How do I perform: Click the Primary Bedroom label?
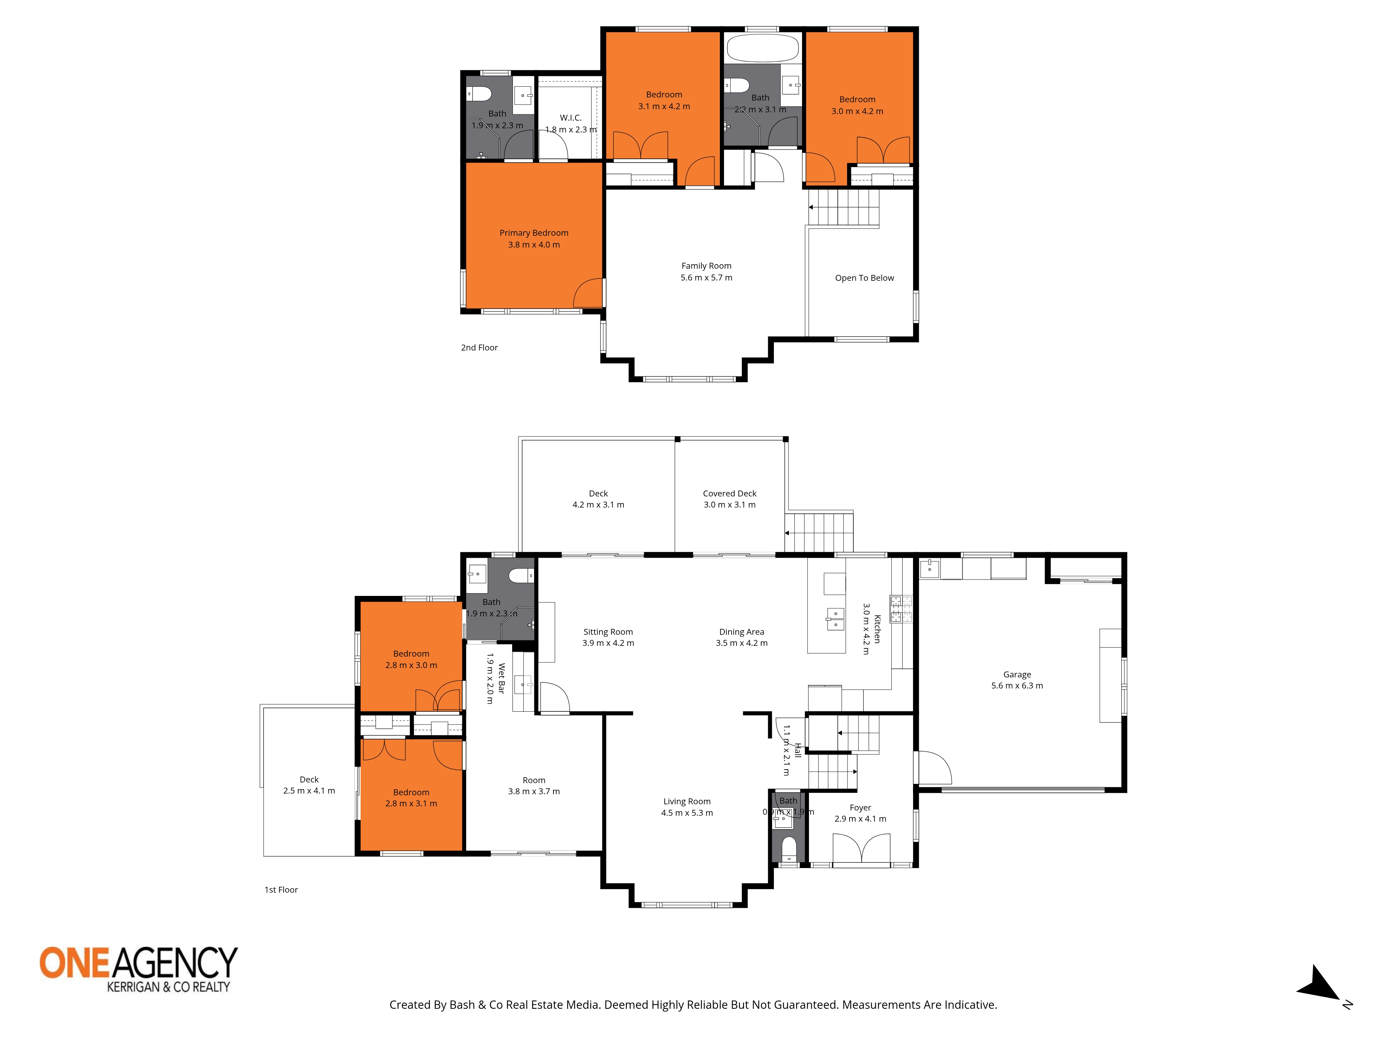(534, 233)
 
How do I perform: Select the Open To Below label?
(864, 278)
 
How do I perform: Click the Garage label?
(1016, 675)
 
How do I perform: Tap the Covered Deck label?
(729, 493)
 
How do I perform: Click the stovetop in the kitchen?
(902, 609)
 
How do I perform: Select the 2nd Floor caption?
(479, 347)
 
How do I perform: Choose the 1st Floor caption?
(281, 890)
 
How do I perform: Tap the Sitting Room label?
(608, 632)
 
